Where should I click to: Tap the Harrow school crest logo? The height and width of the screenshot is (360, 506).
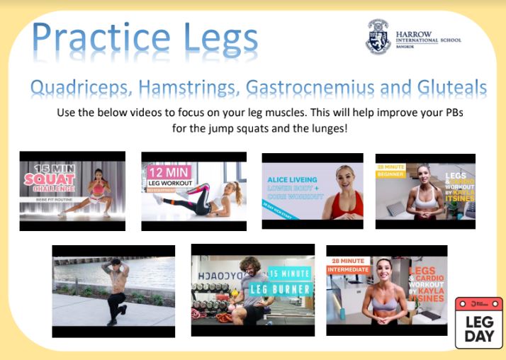point(378,37)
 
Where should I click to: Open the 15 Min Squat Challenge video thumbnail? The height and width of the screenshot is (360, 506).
point(72,191)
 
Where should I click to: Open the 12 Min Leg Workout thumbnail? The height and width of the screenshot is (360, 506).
point(193,191)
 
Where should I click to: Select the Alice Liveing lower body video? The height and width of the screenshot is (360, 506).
point(313,191)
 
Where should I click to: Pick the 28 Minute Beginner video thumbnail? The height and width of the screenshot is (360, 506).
point(425,191)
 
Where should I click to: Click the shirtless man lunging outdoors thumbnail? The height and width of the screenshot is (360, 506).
point(113,291)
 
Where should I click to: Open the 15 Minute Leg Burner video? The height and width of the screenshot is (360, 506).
point(253,290)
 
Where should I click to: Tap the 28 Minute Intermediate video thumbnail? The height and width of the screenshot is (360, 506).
point(386,290)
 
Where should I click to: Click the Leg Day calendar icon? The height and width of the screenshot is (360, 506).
point(478,322)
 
